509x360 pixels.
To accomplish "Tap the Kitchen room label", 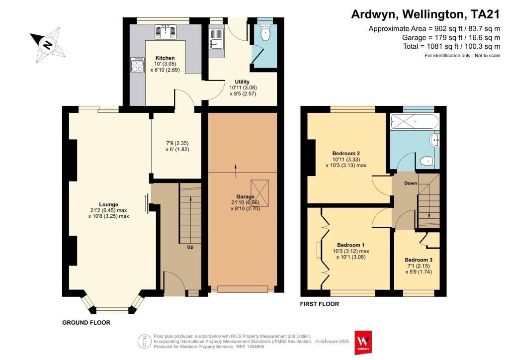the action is pos(165,58).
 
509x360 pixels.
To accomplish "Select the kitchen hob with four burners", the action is pos(137,65).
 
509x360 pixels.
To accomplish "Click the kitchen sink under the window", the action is pos(166,32).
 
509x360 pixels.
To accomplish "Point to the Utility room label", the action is pos(242,82).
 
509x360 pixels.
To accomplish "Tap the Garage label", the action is pos(245,196).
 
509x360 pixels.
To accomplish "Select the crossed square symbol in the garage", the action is pos(259,193).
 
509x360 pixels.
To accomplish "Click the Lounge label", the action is pos(108,204).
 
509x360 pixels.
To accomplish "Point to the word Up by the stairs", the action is pos(190,247).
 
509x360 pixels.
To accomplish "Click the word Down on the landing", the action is pos(410,183).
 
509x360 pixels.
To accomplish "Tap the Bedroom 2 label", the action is pos(346,153).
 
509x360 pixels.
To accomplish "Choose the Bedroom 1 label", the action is pos(350,245).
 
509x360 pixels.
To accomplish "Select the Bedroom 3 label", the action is pos(419,260).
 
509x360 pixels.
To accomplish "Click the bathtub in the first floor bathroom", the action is pos(415,122).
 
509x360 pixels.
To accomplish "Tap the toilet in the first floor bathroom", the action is pos(427,161).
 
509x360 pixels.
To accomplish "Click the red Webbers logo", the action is pos(363,343).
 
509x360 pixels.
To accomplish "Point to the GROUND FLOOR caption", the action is pos(86,322).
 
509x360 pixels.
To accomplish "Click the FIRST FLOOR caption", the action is pos(320,304).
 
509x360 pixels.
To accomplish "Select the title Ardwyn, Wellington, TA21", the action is pos(425,14).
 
